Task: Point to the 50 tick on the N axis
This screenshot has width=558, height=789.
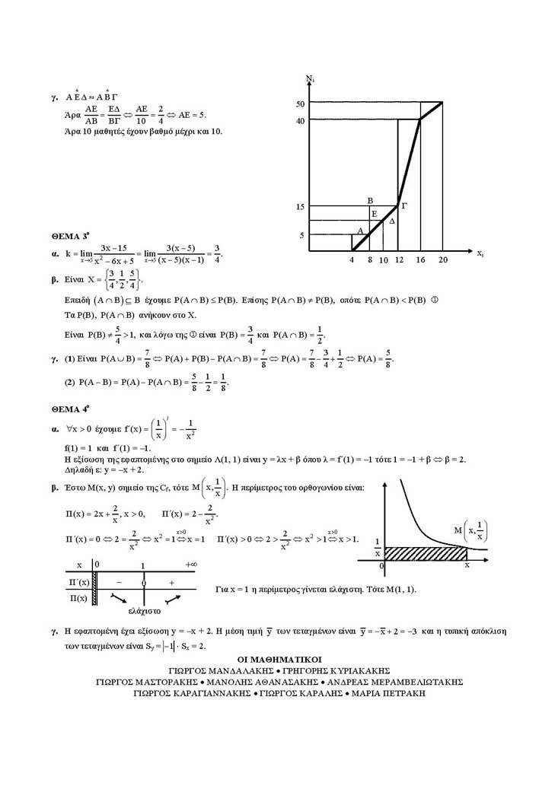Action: point(300,103)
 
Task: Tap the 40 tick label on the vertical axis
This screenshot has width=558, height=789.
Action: point(300,120)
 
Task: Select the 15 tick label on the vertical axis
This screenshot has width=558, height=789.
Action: point(300,207)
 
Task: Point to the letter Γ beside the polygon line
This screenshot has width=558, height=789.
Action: point(404,205)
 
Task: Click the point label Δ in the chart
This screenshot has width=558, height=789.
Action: point(392,221)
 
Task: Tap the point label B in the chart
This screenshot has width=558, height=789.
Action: point(369,200)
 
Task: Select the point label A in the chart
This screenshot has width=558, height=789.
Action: point(359,230)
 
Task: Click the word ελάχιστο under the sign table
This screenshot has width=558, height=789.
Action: point(143,609)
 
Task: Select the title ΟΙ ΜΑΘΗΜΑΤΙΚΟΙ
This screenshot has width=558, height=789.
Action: point(281,659)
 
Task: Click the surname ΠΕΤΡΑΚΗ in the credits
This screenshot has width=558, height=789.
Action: point(399,693)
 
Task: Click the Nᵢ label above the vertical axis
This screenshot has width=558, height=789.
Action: point(311,78)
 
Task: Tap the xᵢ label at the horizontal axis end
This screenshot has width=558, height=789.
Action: point(480,253)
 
